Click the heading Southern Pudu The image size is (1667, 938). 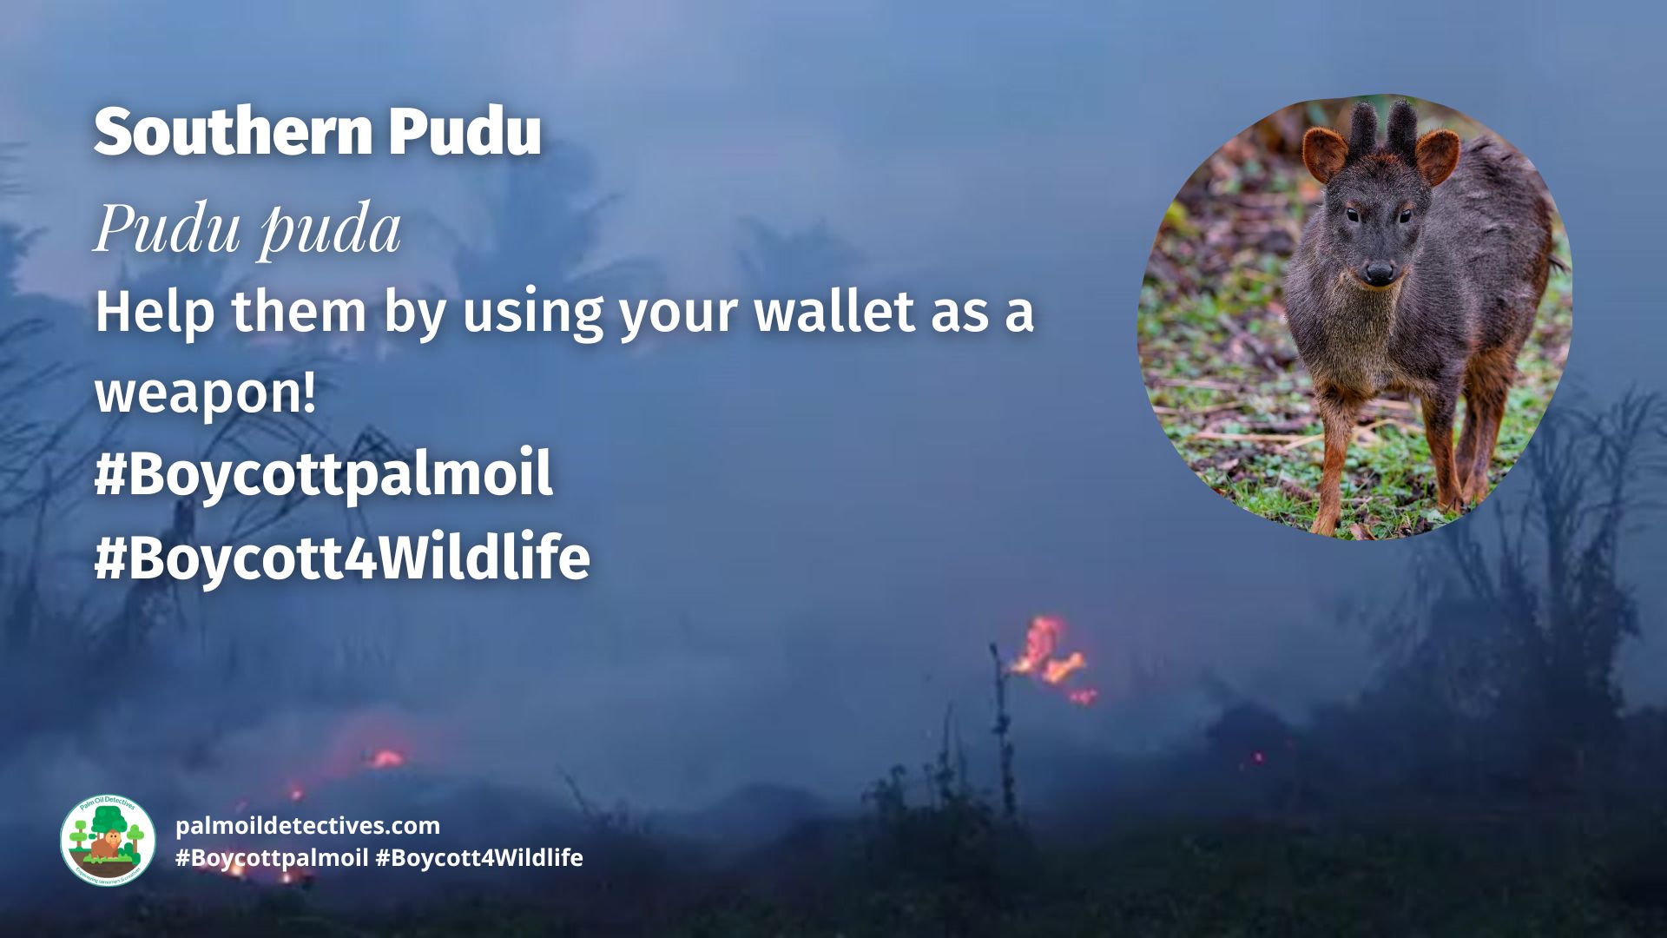[318, 132]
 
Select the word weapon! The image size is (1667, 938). [205, 393]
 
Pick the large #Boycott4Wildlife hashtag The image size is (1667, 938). [342, 556]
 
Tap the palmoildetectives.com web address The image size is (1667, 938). [307, 825]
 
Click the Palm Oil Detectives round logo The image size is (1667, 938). [107, 840]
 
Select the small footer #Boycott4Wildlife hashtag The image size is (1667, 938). [479, 858]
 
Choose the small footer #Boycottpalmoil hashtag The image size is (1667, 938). [272, 858]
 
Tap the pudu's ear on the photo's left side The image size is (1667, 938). [1325, 154]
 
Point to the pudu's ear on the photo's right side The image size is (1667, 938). [1437, 156]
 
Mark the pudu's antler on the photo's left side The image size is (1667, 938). [1363, 128]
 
